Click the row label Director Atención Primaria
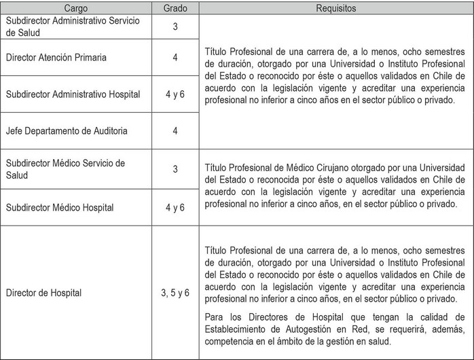point(56,58)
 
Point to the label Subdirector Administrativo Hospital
point(73,94)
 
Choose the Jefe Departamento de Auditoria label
point(64,130)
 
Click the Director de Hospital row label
point(43,293)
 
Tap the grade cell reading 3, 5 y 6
point(175,293)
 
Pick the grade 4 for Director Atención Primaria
point(175,58)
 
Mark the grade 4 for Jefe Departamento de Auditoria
point(175,130)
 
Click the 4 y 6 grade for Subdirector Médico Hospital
point(175,206)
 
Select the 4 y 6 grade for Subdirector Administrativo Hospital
point(175,94)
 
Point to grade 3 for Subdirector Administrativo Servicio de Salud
point(175,26)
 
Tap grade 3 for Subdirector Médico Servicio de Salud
point(175,168)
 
